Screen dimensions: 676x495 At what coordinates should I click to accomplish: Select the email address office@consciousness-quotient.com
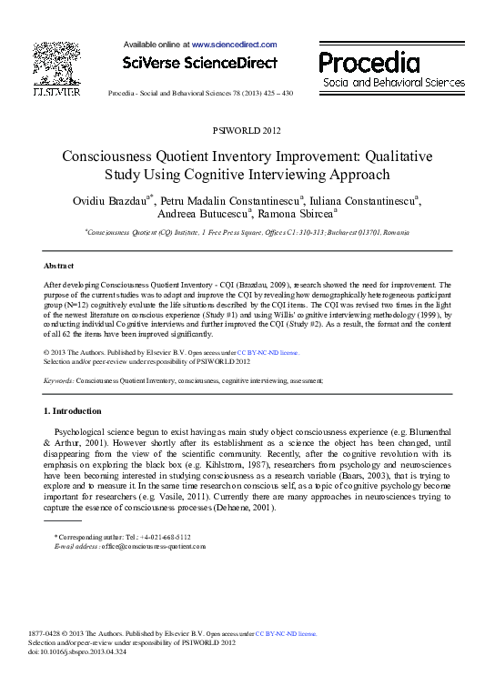[x=154, y=547]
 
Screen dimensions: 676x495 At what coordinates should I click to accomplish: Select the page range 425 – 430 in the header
[x=274, y=94]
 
